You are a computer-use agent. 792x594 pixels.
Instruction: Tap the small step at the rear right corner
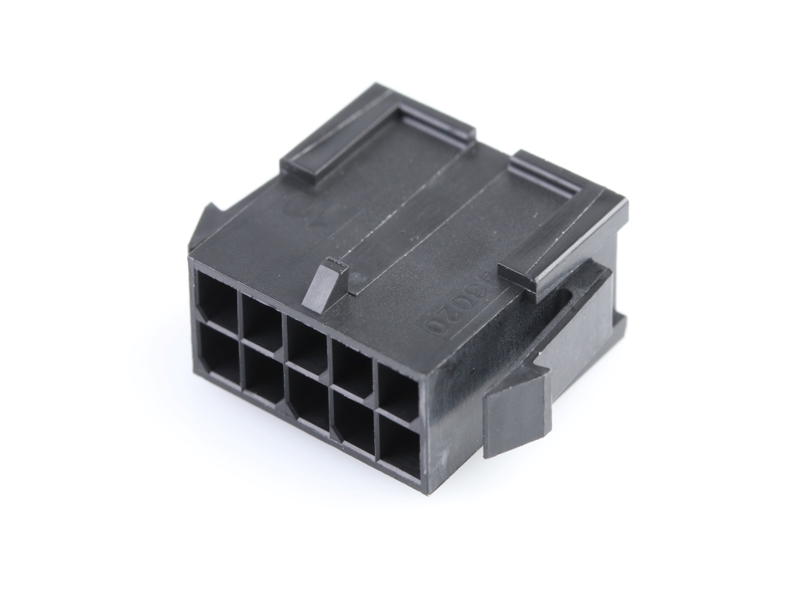tap(619, 325)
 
